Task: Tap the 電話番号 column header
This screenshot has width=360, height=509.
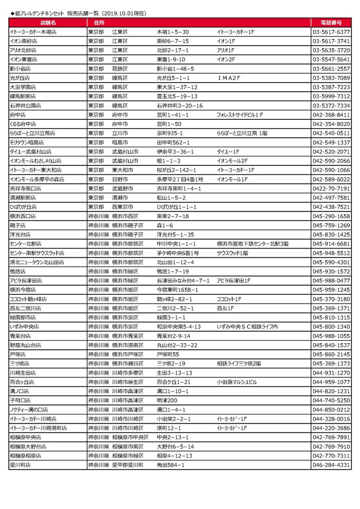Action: [331, 23]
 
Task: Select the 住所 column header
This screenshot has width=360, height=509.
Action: [99, 23]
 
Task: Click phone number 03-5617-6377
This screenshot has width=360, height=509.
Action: [331, 32]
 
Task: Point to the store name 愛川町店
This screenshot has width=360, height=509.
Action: [20, 465]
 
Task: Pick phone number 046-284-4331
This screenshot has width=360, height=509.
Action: [331, 465]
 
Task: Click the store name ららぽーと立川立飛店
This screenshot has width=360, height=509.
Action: [32, 133]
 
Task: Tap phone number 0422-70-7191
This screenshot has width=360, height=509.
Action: [331, 188]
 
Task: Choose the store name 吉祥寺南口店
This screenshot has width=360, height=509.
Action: [24, 188]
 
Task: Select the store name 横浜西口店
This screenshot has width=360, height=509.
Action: [22, 216]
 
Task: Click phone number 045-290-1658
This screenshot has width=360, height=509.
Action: [331, 216]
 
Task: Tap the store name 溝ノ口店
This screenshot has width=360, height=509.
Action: [20, 391]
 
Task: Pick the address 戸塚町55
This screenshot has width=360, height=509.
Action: [168, 354]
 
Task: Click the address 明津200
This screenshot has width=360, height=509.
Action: [166, 400]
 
